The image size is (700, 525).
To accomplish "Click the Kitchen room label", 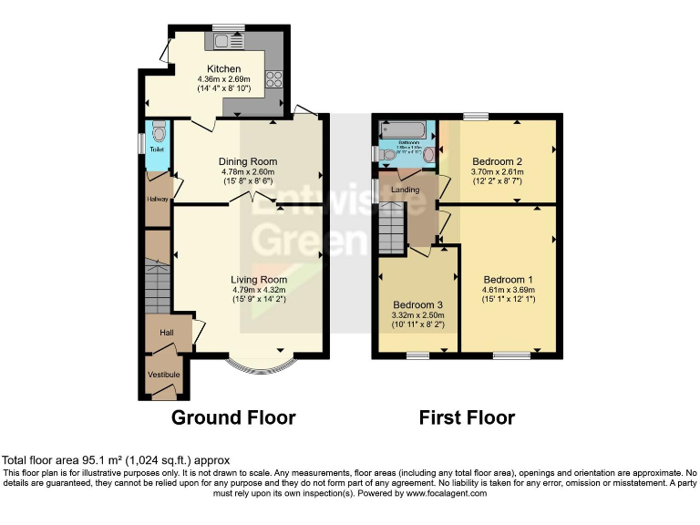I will tap(224, 69).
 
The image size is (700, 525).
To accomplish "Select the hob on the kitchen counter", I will tap(274, 78).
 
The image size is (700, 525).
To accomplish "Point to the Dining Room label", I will tap(247, 162).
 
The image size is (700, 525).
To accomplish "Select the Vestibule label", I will tap(165, 375).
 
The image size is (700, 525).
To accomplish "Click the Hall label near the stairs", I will tap(167, 333).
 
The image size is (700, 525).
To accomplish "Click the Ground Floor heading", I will tap(233, 418).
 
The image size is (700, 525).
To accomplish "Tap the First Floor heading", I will tap(467, 418).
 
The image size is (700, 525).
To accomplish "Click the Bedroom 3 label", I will tap(418, 304).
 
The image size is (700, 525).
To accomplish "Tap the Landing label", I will tap(405, 190).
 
